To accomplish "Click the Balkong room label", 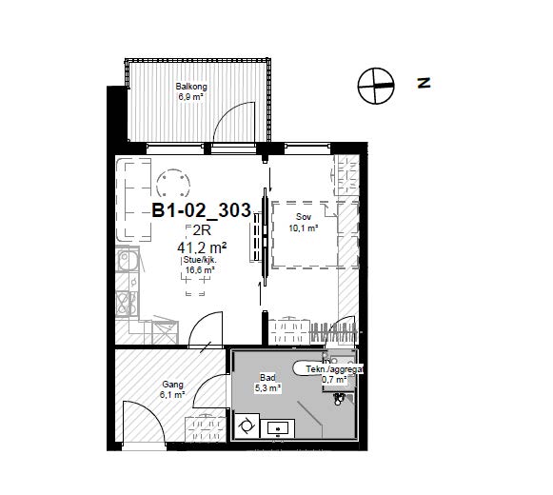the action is pyautogui.click(x=191, y=87).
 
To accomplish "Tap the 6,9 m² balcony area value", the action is pyautogui.click(x=190, y=97).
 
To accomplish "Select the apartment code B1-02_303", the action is pyautogui.click(x=202, y=210).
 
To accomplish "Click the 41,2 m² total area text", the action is pyautogui.click(x=202, y=248).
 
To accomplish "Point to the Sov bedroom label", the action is pyautogui.click(x=304, y=217).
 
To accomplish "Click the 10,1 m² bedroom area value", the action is pyautogui.click(x=304, y=228).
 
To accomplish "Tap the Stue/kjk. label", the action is pyautogui.click(x=200, y=261).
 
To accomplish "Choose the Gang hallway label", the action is pyautogui.click(x=172, y=385).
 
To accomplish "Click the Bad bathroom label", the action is pyautogui.click(x=267, y=378).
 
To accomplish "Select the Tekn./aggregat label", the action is pyautogui.click(x=334, y=369).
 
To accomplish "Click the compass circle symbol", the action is pyautogui.click(x=376, y=86).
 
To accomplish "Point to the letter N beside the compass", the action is pyautogui.click(x=424, y=83).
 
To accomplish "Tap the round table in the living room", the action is pyautogui.click(x=173, y=183).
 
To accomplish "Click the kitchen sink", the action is pyautogui.click(x=128, y=261).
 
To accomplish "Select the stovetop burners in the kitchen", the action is pyautogui.click(x=126, y=303).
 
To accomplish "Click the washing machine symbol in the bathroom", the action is pyautogui.click(x=247, y=426).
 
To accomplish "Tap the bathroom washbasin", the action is pyautogui.click(x=278, y=428).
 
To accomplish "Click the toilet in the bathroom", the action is pyautogui.click(x=339, y=398).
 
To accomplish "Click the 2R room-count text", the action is pyautogui.click(x=202, y=230).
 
